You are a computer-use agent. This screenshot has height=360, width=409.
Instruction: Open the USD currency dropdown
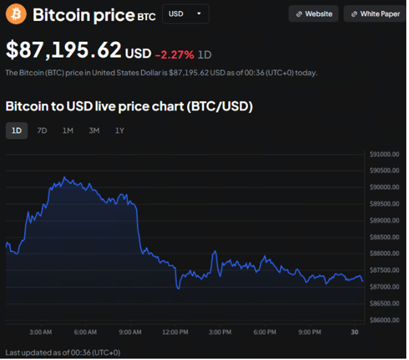[185, 14]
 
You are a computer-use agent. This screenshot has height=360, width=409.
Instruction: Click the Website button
[314, 14]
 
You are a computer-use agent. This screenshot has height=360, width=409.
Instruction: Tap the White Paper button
[375, 14]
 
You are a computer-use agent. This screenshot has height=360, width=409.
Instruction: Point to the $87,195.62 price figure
[64, 49]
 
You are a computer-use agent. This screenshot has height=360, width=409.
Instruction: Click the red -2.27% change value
[174, 53]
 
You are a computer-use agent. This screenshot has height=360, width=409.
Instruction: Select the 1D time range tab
[16, 130]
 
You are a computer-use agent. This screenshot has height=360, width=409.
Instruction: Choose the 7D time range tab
[42, 130]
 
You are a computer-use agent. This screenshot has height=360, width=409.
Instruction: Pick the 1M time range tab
[68, 130]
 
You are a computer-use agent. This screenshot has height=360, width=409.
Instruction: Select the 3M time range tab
[94, 130]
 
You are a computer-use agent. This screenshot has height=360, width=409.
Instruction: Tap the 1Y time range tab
[120, 130]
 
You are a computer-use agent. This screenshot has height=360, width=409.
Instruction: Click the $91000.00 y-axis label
[385, 154]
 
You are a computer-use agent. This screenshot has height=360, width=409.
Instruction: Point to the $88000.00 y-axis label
[385, 253]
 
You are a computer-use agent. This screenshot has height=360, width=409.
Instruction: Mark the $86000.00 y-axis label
[385, 319]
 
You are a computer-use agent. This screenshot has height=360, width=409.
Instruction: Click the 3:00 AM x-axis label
[41, 332]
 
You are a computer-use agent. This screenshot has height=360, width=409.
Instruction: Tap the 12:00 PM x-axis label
[174, 332]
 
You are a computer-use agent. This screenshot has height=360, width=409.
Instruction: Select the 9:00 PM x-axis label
[309, 332]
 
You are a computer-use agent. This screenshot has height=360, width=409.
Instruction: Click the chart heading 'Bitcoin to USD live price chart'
[128, 106]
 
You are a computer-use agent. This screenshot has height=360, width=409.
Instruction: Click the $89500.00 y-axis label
[385, 204]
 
